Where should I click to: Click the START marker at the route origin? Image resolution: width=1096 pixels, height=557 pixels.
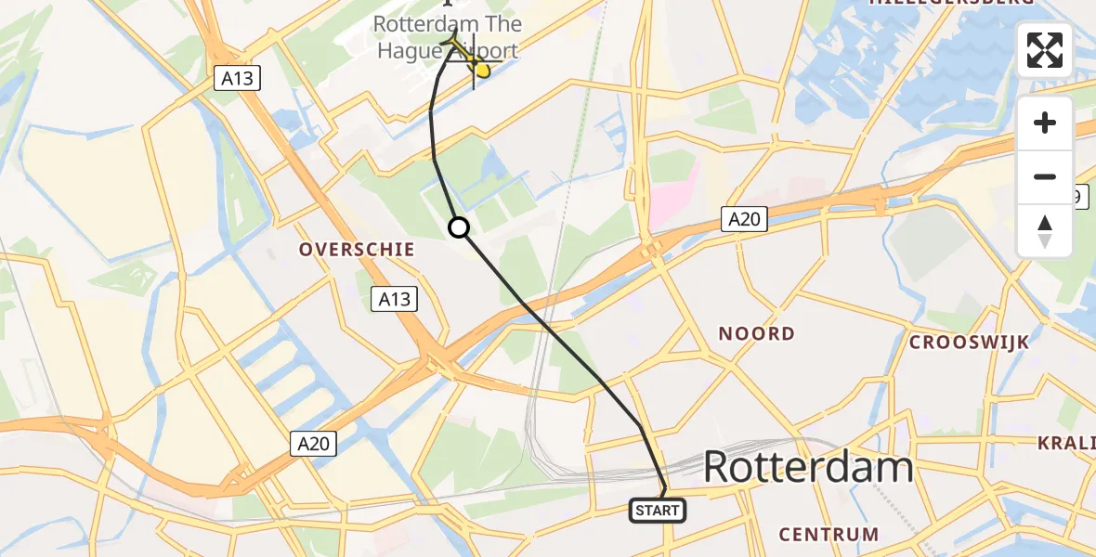658,510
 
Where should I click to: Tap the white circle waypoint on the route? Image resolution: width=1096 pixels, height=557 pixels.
459,227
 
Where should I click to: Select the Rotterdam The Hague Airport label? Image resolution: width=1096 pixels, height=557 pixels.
448,36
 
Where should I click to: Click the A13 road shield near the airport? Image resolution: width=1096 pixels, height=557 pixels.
238,79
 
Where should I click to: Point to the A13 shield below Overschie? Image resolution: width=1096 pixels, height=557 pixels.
394,299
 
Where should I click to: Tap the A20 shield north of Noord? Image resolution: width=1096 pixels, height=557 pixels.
745,219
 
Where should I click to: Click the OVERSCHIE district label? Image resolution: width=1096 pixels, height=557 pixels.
356,250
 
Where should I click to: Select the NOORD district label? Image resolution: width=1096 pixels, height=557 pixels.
756,333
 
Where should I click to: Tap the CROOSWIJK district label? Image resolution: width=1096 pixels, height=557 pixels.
969,342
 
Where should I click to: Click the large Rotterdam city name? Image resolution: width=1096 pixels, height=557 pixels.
808,466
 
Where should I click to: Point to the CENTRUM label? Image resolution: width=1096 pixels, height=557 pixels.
829,534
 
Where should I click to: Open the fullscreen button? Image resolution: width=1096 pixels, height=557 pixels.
1045,50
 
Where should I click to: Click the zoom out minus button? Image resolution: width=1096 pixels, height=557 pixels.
1045,176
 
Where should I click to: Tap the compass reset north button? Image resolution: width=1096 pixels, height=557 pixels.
1045,230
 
